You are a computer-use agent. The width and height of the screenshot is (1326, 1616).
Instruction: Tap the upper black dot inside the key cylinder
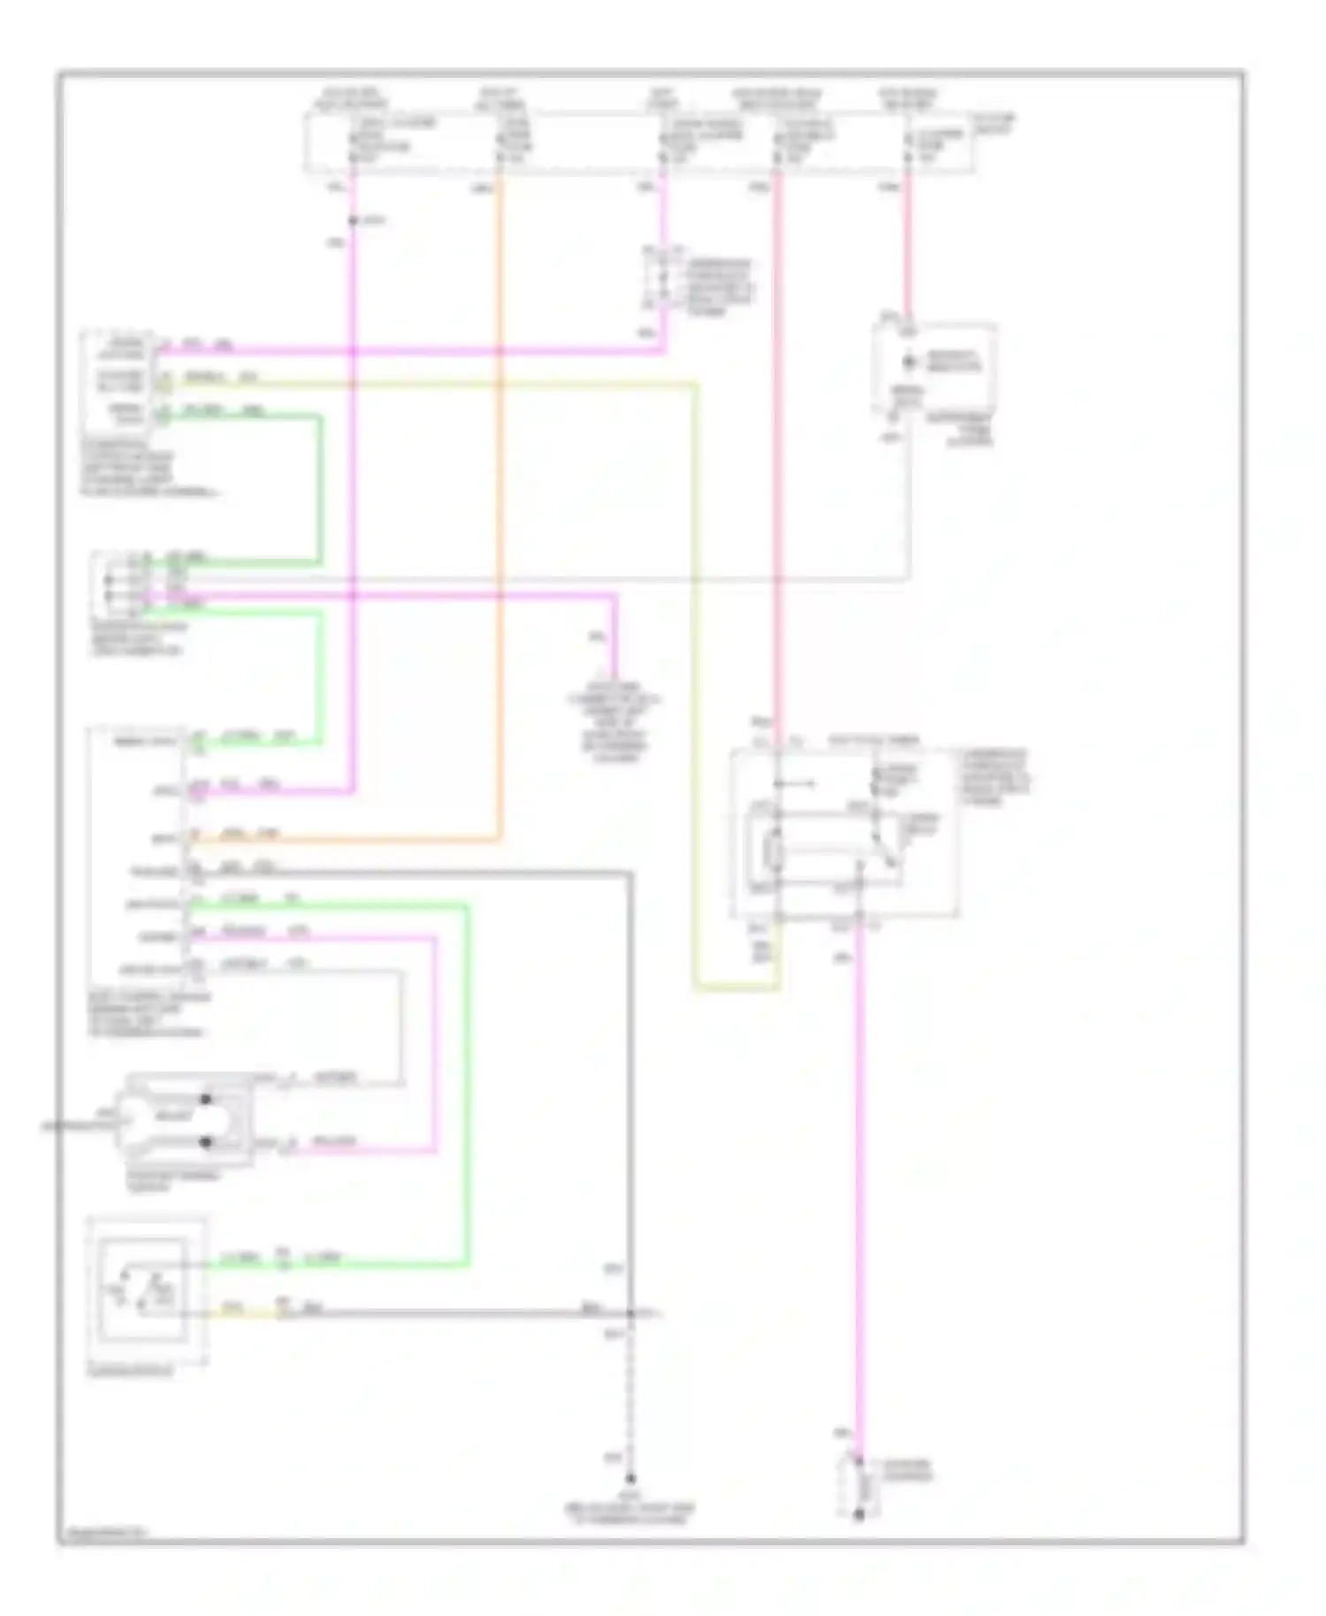pos(206,1099)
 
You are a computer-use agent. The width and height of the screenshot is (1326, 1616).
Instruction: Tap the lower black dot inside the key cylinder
pos(206,1142)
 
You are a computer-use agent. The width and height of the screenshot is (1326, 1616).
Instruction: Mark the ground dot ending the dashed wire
pos(630,1479)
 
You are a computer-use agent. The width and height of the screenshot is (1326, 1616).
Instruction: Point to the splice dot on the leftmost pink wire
pos(353,220)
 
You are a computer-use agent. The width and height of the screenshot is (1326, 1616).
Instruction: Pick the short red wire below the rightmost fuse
pos(907,248)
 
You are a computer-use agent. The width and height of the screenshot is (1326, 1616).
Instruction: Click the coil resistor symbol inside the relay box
pos(776,854)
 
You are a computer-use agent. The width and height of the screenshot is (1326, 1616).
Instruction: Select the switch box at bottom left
pos(147,1292)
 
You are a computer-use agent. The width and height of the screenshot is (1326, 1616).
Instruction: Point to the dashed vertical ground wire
pos(630,1397)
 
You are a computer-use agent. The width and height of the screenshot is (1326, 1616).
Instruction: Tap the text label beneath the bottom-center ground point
pos(629,1514)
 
